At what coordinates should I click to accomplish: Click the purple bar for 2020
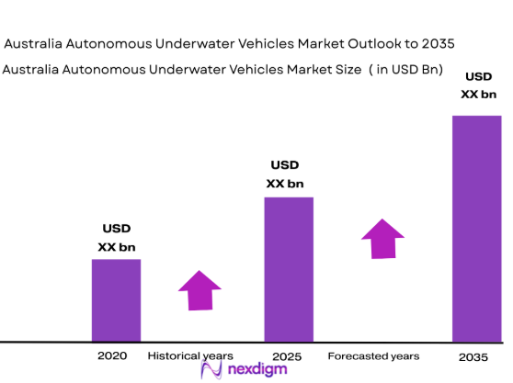tap(116, 300)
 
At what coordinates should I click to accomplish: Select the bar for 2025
tap(289, 269)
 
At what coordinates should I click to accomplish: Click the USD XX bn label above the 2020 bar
tap(116, 237)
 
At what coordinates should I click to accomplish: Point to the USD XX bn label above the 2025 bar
tap(285, 174)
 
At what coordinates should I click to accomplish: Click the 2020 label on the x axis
tap(112, 355)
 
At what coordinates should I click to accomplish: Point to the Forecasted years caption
tap(373, 355)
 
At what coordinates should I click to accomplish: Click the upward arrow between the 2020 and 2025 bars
tap(199, 290)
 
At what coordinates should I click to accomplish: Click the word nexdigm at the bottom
tap(257, 370)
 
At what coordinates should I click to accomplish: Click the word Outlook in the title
tap(370, 43)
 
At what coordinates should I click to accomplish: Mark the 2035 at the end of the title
tap(435, 43)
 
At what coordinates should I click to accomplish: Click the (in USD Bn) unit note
tap(410, 70)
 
